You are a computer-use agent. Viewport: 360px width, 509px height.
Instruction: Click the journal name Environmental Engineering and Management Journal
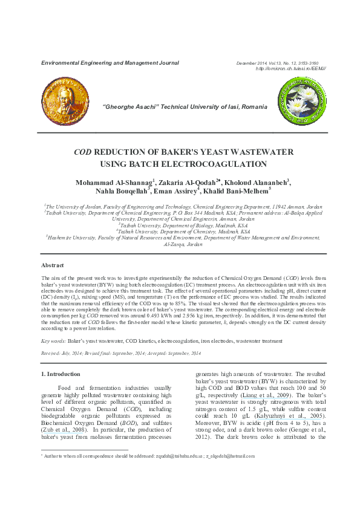[x=110, y=63]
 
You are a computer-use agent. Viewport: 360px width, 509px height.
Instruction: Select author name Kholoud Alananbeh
[x=254, y=182]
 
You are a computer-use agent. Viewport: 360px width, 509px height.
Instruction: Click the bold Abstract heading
[x=53, y=265]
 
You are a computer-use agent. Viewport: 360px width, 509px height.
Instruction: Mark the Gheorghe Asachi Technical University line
[x=185, y=106]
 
